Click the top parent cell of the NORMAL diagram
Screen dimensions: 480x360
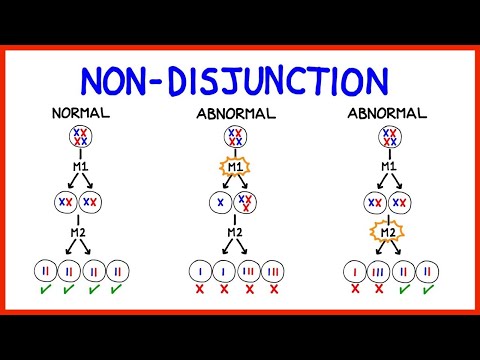[x=81, y=137]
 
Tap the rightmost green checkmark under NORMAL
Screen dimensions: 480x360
[x=119, y=292]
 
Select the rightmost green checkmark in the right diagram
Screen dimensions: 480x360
[x=429, y=292]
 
